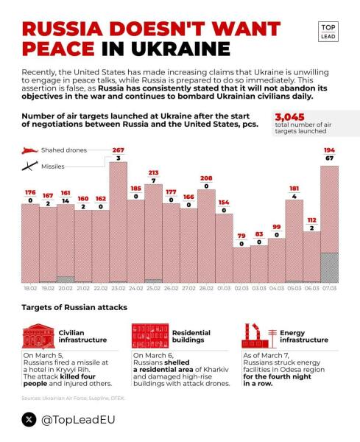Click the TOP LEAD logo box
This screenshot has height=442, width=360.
click(328, 32)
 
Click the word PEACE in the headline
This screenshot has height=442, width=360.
click(58, 48)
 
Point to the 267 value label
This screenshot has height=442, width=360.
click(118, 150)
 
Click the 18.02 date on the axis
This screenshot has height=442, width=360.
click(29, 290)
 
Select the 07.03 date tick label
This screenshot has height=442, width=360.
click(329, 290)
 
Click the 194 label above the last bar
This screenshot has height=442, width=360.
click(329, 150)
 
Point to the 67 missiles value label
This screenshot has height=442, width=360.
click(329, 158)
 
